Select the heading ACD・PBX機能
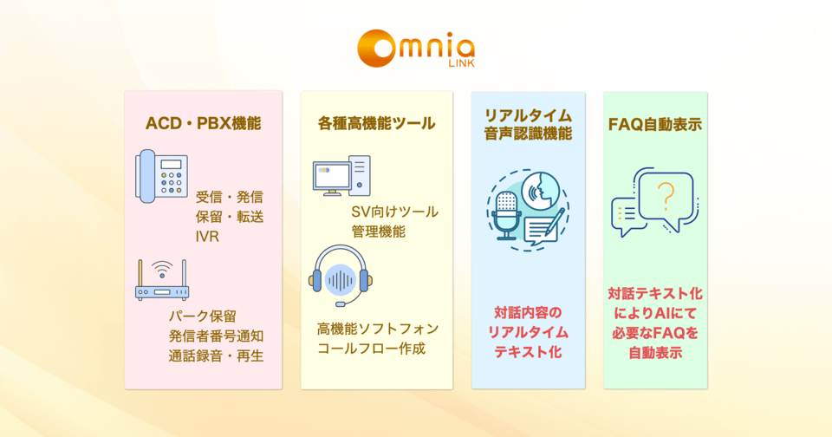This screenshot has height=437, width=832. pyautogui.click(x=203, y=123)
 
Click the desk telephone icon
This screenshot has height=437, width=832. pyautogui.click(x=161, y=176)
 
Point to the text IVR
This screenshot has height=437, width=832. pyautogui.click(x=208, y=235)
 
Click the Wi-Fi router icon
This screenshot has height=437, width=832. pyautogui.click(x=161, y=279)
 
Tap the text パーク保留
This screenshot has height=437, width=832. pyautogui.click(x=203, y=316)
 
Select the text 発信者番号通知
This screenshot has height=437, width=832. pyautogui.click(x=216, y=336)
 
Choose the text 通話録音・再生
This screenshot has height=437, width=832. pyautogui.click(x=216, y=355)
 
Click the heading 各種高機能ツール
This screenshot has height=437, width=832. pyautogui.click(x=376, y=123)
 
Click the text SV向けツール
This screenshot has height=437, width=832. pyautogui.click(x=394, y=212)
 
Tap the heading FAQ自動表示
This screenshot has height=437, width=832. pyautogui.click(x=655, y=123)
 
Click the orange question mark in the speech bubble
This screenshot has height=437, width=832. pyautogui.click(x=666, y=197)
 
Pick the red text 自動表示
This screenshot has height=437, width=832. pyautogui.click(x=655, y=352)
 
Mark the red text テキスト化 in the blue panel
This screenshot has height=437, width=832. pyautogui.click(x=528, y=352)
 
